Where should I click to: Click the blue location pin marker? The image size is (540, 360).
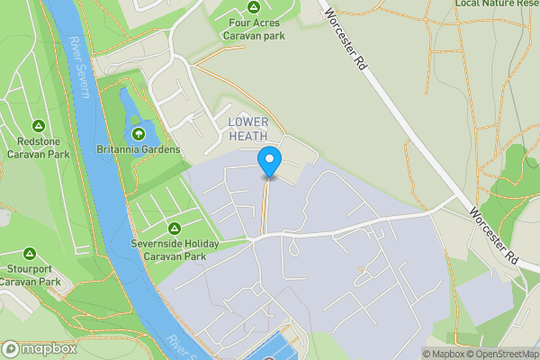[x=269, y=163]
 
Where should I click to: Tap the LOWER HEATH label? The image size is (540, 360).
[x=247, y=129]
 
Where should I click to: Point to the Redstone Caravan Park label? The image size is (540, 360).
[x=38, y=148]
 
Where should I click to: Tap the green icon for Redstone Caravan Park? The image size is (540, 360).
[x=38, y=126]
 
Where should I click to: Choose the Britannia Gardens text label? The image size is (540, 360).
[x=139, y=149]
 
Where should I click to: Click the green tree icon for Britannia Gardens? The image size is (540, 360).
[x=138, y=134]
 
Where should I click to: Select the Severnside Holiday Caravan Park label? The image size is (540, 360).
[x=175, y=249]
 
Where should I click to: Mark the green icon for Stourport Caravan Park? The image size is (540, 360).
[x=29, y=255]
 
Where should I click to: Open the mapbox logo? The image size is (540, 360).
[x=39, y=349]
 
